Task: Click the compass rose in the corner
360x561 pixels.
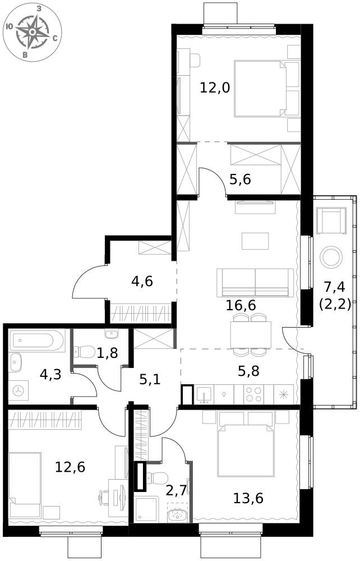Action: point(32,32)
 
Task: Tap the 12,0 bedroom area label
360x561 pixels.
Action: point(215,88)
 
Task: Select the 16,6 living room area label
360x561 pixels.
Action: point(241,306)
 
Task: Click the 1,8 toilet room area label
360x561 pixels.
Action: point(107,353)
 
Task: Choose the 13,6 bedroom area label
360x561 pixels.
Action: point(248,498)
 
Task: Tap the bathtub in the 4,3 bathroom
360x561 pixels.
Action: point(37,341)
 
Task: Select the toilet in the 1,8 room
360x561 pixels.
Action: point(84,351)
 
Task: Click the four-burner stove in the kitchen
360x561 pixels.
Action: point(253,394)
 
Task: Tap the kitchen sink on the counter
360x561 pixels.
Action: point(204,394)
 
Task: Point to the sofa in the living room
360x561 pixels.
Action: point(255,283)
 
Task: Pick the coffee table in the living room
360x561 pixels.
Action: point(255,241)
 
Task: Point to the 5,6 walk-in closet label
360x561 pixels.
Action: point(240,180)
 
